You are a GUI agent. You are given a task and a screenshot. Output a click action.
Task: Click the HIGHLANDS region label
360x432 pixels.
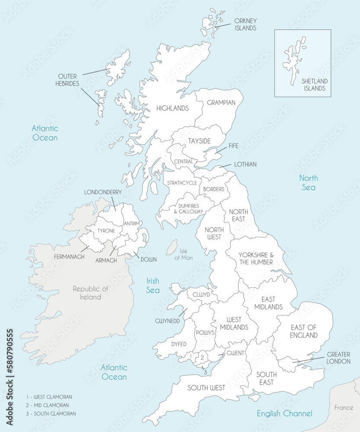(x=172, y=108)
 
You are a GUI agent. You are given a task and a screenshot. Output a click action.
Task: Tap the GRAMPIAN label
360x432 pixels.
(x=221, y=103)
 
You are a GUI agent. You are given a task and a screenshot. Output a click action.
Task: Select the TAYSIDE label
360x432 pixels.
(x=199, y=141)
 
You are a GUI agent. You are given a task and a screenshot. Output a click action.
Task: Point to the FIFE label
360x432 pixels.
(x=233, y=146)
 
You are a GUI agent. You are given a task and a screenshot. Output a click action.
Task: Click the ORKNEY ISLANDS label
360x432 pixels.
(x=245, y=24)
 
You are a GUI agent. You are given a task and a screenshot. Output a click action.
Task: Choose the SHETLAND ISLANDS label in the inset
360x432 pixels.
(x=314, y=85)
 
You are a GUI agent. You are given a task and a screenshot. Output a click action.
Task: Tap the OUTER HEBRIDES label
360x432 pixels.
(x=68, y=80)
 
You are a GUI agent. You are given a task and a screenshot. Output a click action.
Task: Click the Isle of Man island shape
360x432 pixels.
(x=172, y=248)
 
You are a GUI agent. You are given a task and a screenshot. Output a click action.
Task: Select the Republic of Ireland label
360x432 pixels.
(x=90, y=292)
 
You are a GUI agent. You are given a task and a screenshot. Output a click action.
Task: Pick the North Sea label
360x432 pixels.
(x=309, y=182)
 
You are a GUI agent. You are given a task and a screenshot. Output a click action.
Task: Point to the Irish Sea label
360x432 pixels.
(x=153, y=285)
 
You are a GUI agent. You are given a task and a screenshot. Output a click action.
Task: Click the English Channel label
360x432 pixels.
(x=284, y=413)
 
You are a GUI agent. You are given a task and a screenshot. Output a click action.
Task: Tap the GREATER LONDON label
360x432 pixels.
(x=338, y=358)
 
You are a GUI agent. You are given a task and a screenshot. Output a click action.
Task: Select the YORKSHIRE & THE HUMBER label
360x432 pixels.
(x=255, y=258)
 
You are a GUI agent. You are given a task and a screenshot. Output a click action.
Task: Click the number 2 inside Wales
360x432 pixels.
(x=202, y=358)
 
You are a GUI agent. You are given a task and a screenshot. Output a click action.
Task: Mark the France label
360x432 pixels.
(x=344, y=407)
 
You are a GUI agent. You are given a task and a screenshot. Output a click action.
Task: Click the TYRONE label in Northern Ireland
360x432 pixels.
(x=106, y=231)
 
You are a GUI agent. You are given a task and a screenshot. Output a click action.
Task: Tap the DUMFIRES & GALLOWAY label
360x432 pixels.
(x=188, y=209)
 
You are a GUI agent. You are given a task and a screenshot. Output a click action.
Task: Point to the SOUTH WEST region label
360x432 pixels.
(x=206, y=388)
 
